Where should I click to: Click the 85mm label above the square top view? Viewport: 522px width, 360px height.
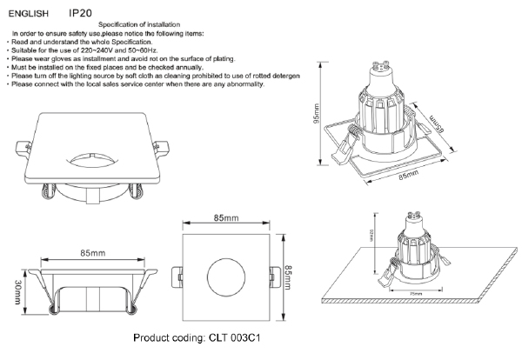tap(224, 217)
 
